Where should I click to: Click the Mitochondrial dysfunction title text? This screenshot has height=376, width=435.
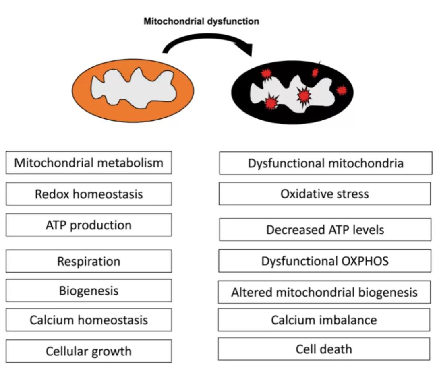tap(201, 21)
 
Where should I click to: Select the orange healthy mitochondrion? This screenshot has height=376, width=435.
tap(133, 91)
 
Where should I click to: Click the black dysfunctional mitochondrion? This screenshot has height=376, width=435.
tap(292, 92)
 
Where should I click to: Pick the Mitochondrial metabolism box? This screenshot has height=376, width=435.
tap(89, 163)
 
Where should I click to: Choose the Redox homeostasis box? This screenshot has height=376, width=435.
tap(89, 194)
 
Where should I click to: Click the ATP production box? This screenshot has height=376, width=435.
tap(89, 225)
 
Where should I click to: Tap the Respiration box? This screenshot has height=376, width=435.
tap(89, 261)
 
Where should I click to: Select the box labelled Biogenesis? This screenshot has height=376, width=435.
tap(89, 291)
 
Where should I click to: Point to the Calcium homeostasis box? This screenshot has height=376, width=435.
tap(89, 320)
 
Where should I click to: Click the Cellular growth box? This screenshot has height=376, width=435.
tap(89, 351)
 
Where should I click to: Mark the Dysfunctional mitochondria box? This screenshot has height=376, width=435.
tap(326, 163)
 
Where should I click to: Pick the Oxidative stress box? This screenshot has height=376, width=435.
tap(325, 194)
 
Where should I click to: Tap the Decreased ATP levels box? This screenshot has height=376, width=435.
tap(325, 229)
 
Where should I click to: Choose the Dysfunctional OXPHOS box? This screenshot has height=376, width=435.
tap(325, 261)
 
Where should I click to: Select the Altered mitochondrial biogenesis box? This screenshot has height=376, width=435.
tap(324, 292)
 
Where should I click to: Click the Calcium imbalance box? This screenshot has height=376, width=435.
tap(324, 320)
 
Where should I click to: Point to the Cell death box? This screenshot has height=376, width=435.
tap(324, 349)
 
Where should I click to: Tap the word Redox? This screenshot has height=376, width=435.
tap(52, 194)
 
